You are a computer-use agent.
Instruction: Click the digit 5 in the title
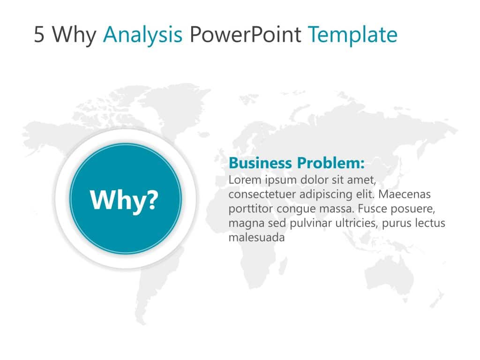tap(39, 34)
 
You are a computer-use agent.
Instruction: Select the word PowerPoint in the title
tap(246, 34)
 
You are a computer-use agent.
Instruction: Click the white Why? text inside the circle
tap(124, 200)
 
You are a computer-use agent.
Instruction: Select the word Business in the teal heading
tap(260, 163)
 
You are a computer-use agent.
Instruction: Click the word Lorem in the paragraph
tap(245, 180)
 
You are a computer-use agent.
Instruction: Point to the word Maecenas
tap(405, 194)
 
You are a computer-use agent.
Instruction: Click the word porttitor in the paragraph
tap(251, 209)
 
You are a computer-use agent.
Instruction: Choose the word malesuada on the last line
tap(256, 238)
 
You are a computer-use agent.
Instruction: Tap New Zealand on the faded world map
tap(437, 299)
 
